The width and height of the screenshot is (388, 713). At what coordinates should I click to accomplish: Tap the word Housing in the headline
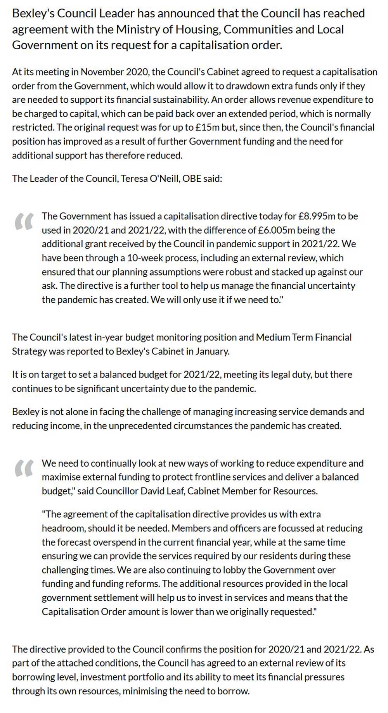(x=196, y=29)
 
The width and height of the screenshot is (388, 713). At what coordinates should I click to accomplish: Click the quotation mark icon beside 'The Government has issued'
(x=23, y=222)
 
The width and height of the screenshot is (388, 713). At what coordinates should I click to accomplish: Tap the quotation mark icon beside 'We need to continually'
(x=23, y=468)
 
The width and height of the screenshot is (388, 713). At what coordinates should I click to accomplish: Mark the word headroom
(x=62, y=529)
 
